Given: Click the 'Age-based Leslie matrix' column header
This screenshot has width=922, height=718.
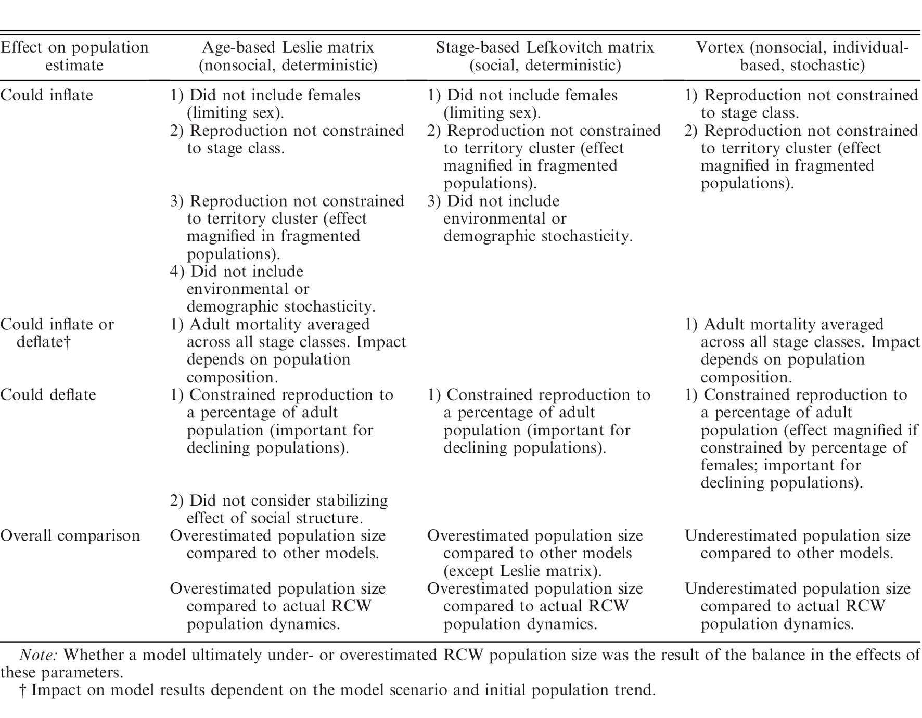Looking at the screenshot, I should pyautogui.click(x=288, y=56).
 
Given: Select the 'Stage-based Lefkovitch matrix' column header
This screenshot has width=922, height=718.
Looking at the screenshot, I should pyautogui.click(x=545, y=56).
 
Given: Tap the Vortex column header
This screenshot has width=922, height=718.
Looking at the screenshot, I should pyautogui.click(x=802, y=56).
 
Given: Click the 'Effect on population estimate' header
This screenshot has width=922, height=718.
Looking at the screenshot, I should pyautogui.click(x=74, y=56).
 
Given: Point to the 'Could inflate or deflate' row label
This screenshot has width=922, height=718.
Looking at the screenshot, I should pyautogui.click(x=57, y=333).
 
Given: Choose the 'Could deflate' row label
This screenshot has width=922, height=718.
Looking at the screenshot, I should pyautogui.click(x=48, y=395).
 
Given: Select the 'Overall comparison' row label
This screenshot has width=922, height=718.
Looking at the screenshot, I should pyautogui.click(x=70, y=536).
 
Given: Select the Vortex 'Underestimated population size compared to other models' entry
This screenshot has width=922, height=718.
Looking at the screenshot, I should pyautogui.click(x=797, y=544).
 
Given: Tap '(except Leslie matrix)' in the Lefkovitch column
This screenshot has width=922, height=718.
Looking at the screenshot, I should pyautogui.click(x=522, y=571).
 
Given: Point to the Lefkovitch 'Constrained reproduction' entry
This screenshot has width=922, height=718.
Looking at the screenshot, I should pyautogui.click(x=539, y=421).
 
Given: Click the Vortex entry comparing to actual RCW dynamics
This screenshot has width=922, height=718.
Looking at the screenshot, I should pyautogui.click(x=797, y=606).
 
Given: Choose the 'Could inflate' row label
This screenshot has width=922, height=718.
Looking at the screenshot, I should pyautogui.click(x=47, y=95).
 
